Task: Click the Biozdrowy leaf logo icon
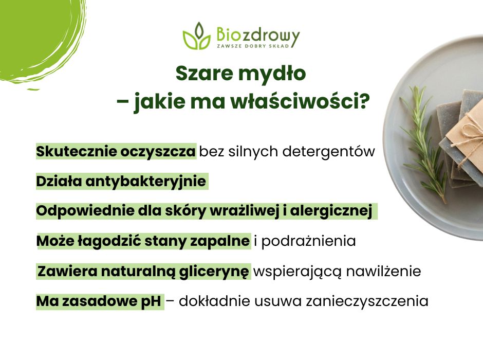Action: point(196,36)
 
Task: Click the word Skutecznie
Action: point(75,152)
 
